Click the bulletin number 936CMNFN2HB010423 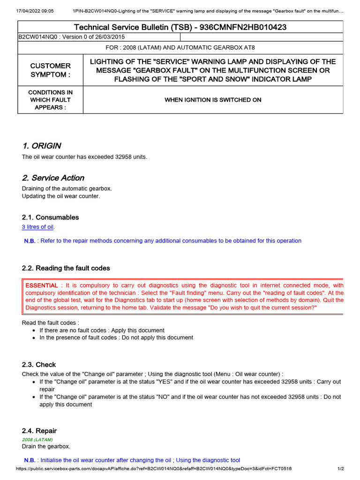(243, 27)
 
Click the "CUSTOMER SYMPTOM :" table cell (51, 70)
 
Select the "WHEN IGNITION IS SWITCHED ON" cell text (213, 100)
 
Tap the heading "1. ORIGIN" (41, 145)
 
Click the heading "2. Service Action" (53, 178)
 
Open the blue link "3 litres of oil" (38, 227)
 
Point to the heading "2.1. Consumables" (50, 217)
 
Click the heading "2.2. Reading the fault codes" (66, 268)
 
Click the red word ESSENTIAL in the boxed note (42, 285)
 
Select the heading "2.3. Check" (39, 364)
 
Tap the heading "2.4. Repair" (39, 430)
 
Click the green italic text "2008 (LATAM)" (37, 440)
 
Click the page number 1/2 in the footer (341, 468)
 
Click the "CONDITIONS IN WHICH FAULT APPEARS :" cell (51, 100)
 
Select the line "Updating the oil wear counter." (61, 196)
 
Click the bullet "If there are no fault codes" (102, 330)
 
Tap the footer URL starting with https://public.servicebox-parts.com (154, 468)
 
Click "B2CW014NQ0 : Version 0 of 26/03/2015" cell (72, 37)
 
